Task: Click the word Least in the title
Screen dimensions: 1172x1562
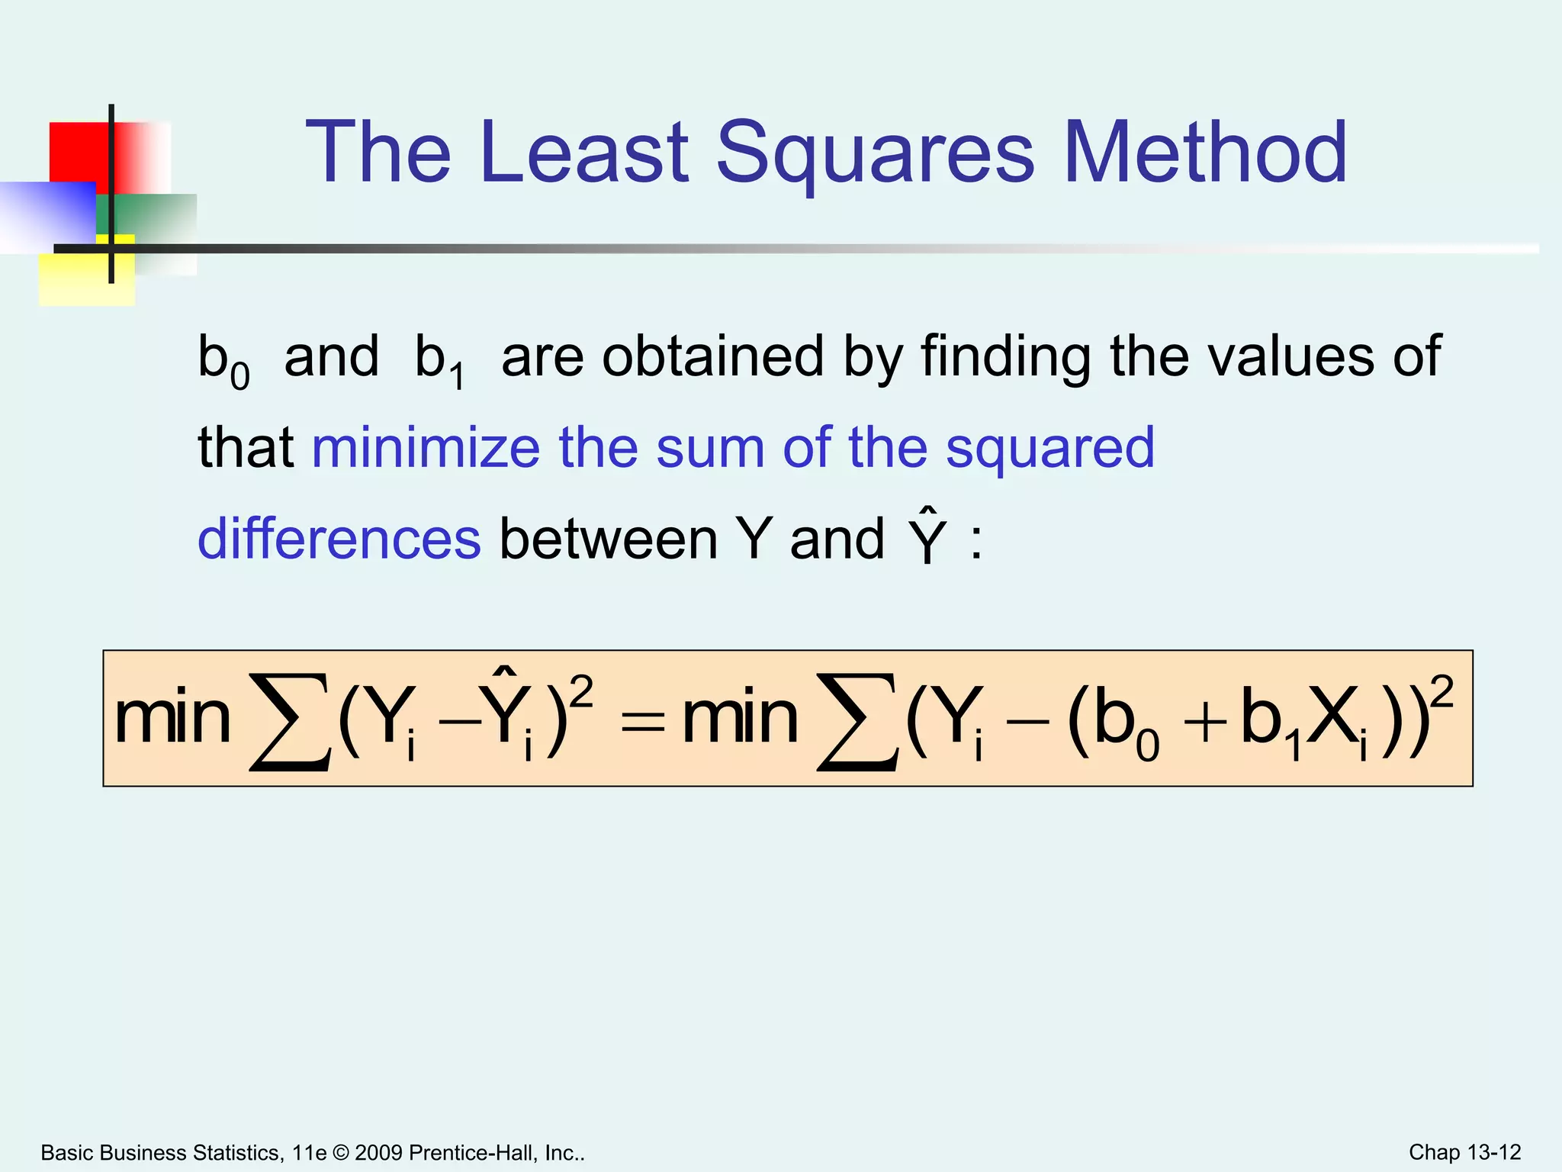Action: click(584, 153)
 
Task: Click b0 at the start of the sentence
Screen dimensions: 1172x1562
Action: click(223, 360)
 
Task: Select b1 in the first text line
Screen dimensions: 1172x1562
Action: click(439, 360)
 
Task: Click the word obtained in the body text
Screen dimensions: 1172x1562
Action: click(712, 356)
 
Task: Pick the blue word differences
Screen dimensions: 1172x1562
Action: click(339, 539)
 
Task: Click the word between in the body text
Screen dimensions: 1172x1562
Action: click(608, 539)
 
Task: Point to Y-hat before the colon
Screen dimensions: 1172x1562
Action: click(927, 536)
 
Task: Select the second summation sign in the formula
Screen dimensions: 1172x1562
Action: click(857, 721)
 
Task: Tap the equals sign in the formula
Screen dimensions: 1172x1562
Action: click(642, 721)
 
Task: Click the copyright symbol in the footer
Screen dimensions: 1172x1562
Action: click(340, 1152)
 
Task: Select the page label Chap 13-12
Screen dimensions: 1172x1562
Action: click(1464, 1152)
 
